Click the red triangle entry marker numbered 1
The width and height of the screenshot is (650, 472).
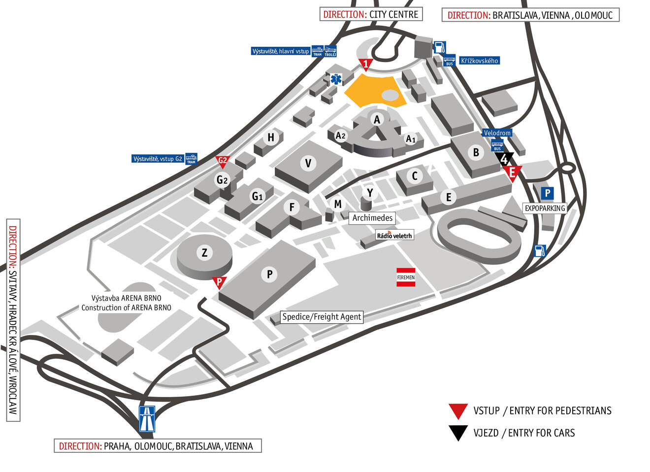pyautogui.click(x=365, y=64)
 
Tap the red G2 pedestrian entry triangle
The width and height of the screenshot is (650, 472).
pyautogui.click(x=223, y=161)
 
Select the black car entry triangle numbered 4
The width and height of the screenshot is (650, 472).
pyautogui.click(x=504, y=159)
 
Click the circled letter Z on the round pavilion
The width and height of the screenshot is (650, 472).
pyautogui.click(x=204, y=253)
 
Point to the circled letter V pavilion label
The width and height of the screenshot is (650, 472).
pyautogui.click(x=308, y=163)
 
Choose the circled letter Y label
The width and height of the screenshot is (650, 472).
pyautogui.click(x=370, y=193)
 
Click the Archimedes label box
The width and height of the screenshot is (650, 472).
pyautogui.click(x=372, y=218)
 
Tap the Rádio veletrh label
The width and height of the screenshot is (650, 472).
pyautogui.click(x=394, y=236)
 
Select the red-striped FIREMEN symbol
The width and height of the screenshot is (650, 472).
pyautogui.click(x=406, y=277)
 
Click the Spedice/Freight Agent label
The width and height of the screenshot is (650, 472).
pyautogui.click(x=322, y=317)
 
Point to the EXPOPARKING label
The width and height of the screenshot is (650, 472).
pyautogui.click(x=545, y=208)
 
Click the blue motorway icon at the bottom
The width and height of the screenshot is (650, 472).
pyautogui.click(x=147, y=419)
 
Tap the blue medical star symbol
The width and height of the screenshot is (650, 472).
pyautogui.click(x=336, y=79)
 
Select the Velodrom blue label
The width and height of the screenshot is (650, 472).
pyautogui.click(x=497, y=133)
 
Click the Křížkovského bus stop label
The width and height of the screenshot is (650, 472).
pyautogui.click(x=479, y=61)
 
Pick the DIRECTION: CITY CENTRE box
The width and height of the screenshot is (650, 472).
pyautogui.click(x=371, y=14)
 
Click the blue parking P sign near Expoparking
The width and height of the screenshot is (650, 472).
pyautogui.click(x=547, y=193)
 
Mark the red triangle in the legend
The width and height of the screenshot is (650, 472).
pyautogui.click(x=458, y=410)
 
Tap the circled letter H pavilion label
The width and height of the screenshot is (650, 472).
pyautogui.click(x=271, y=137)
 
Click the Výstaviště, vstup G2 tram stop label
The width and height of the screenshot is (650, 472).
pyautogui.click(x=158, y=159)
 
